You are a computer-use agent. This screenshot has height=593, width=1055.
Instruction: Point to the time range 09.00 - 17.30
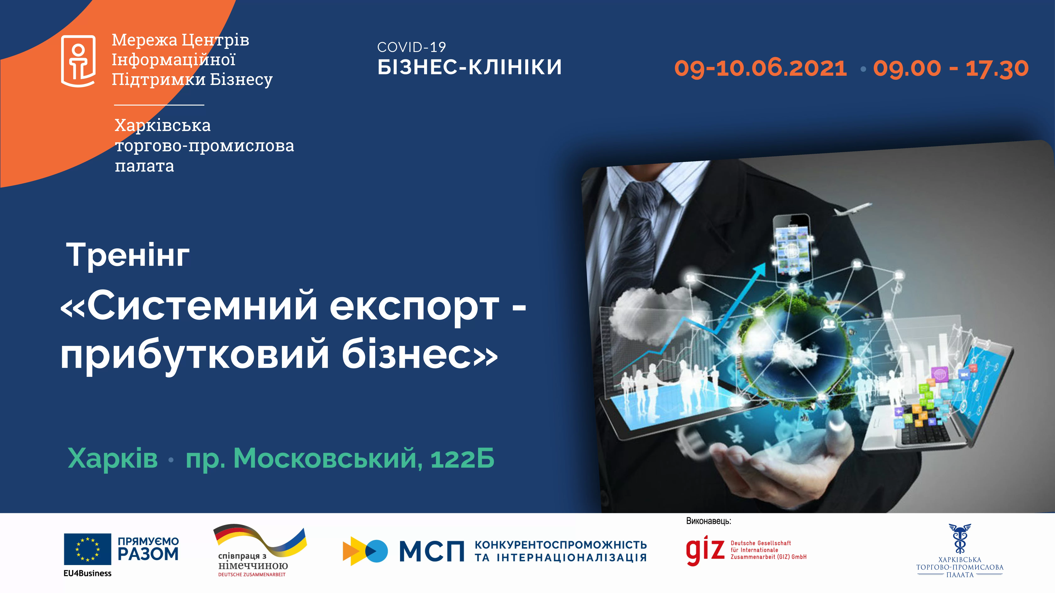951,68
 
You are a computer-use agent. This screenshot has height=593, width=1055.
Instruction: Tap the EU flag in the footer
87,549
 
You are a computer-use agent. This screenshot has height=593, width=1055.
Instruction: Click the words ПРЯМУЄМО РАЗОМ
148,549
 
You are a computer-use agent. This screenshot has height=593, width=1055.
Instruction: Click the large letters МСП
432,551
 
